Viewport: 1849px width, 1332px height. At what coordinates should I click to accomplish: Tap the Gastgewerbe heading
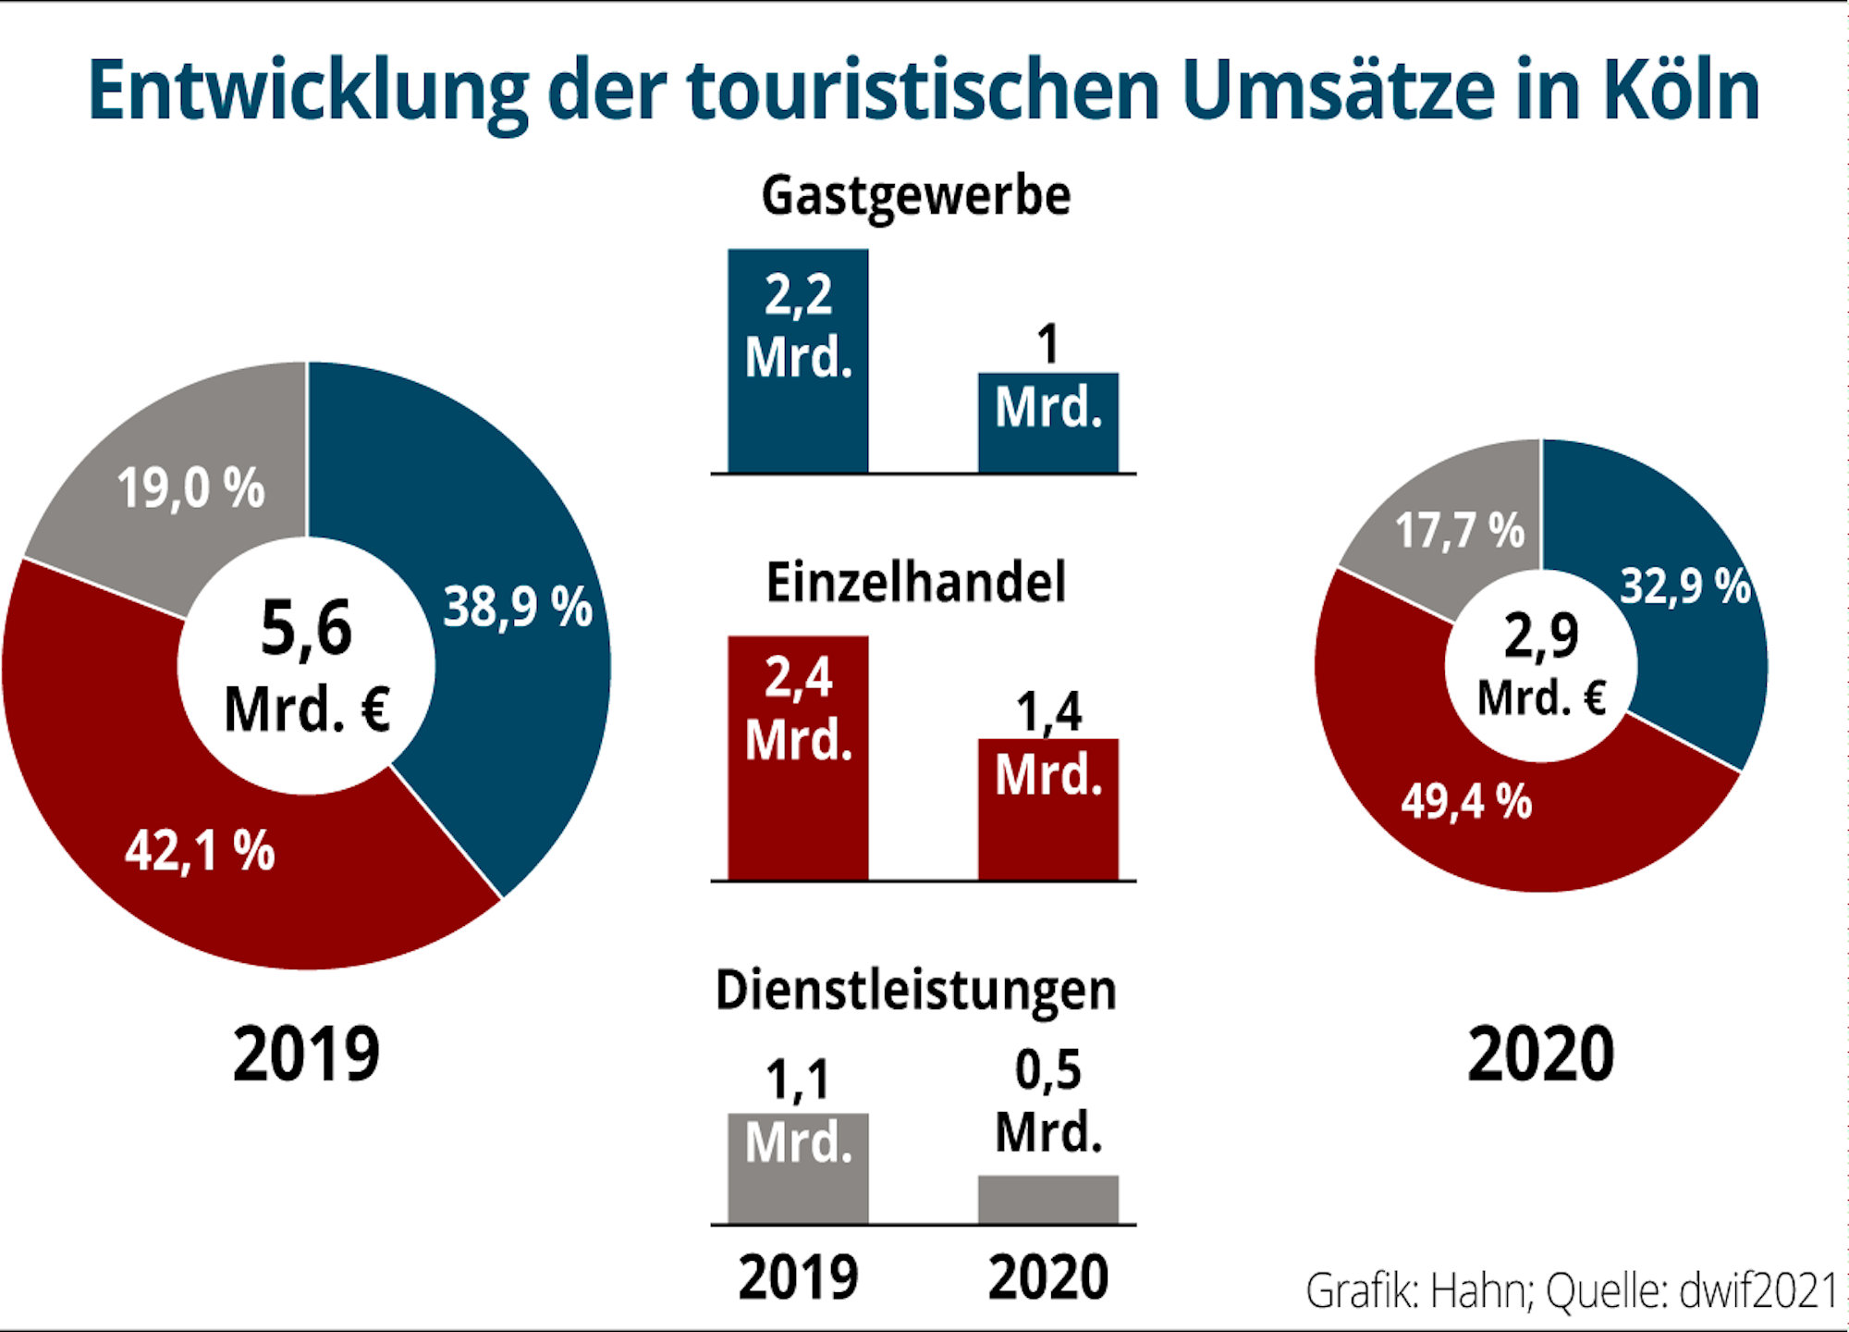click(915, 196)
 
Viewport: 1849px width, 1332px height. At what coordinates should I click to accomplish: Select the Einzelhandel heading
click(915, 583)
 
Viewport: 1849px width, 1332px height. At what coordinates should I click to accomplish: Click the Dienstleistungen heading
click(915, 990)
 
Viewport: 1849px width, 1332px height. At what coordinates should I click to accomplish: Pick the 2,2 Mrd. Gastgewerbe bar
click(798, 361)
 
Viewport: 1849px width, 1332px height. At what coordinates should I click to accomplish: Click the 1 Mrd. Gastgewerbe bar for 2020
click(1048, 423)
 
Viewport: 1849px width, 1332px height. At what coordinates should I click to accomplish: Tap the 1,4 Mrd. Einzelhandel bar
click(1048, 809)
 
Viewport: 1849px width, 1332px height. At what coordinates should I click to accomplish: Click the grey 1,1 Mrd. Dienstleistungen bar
click(798, 1167)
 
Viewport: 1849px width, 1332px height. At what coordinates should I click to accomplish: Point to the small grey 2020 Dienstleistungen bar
click(1048, 1200)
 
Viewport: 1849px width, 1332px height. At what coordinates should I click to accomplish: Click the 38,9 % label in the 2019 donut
click(518, 608)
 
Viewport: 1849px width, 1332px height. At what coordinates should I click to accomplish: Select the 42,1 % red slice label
click(200, 850)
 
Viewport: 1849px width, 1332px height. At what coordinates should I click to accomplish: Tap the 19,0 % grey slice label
click(190, 487)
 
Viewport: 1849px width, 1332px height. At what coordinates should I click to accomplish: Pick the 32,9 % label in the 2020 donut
click(1684, 586)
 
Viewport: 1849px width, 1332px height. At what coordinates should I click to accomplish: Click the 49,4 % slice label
click(1466, 801)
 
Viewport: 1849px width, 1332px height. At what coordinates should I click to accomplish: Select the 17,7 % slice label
click(1459, 531)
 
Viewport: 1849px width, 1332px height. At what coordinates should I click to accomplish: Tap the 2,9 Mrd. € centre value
click(1541, 666)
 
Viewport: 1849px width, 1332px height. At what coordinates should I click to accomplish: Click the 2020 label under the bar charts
click(1048, 1277)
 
